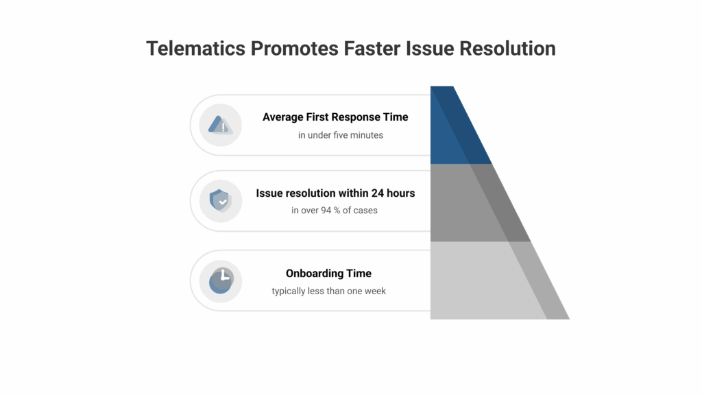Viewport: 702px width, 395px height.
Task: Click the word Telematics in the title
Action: pyautogui.click(x=195, y=49)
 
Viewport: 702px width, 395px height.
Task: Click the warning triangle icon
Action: pyautogui.click(x=220, y=125)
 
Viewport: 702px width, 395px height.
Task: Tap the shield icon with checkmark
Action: pyautogui.click(x=220, y=201)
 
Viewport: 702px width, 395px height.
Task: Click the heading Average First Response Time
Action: pyautogui.click(x=335, y=117)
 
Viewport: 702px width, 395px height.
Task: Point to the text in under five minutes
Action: pyautogui.click(x=340, y=135)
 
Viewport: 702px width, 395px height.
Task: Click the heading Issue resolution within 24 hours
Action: pyautogui.click(x=335, y=193)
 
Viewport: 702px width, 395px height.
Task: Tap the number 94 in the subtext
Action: pyautogui.click(x=326, y=211)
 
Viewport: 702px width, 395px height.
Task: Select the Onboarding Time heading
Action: pyautogui.click(x=328, y=273)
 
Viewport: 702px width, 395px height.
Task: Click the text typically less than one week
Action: pyautogui.click(x=328, y=291)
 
